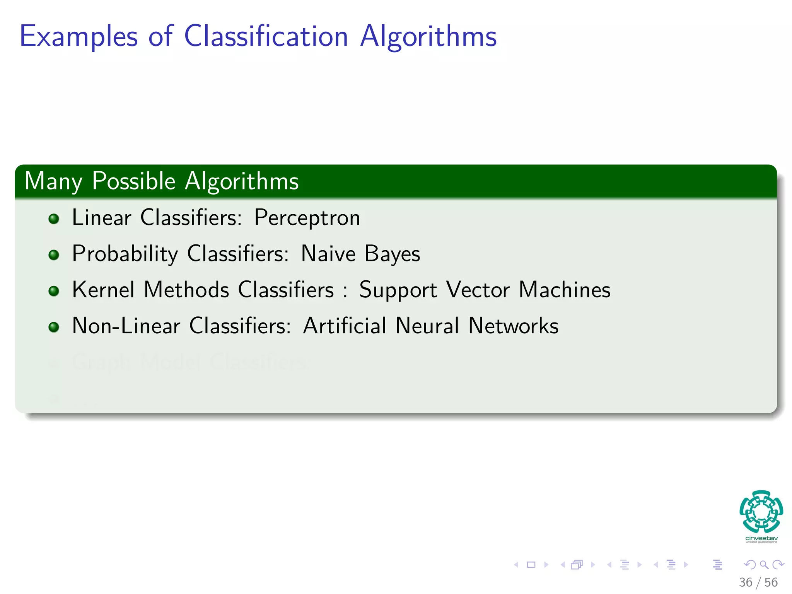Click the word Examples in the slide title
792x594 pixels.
[79, 37]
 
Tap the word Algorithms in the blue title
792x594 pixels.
[428, 37]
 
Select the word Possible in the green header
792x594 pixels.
[134, 181]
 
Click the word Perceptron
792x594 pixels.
[307, 218]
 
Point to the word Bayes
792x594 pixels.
[392, 254]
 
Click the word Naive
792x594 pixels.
[328, 254]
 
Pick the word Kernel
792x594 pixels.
[103, 290]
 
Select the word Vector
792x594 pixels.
[478, 290]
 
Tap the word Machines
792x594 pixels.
[564, 290]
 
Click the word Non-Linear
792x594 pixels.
[126, 326]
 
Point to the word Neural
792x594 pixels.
[427, 326]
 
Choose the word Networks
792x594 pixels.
[513, 326]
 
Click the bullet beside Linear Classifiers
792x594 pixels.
[54, 219]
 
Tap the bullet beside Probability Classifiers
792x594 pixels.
[54, 255]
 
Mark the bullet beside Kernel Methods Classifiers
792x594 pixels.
[54, 291]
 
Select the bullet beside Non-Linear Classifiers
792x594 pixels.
[54, 327]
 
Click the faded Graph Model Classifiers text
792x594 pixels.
[189, 362]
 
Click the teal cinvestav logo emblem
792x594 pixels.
[761, 511]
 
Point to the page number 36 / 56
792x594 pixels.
[758, 582]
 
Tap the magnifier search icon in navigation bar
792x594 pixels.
[763, 565]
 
